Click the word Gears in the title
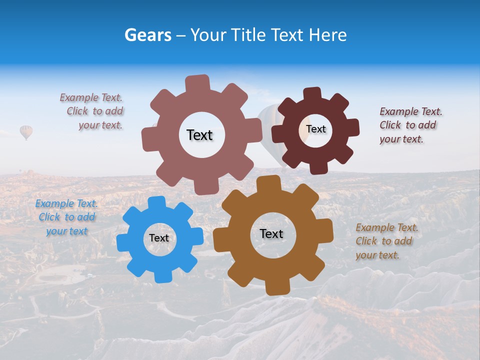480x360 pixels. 147,35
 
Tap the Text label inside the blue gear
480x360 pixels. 159,238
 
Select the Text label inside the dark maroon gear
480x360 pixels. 316,129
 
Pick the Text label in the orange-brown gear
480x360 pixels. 271,234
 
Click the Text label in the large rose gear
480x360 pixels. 199,135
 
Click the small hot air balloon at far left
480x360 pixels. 26,132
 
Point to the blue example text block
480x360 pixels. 66,217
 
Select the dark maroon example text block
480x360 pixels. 410,125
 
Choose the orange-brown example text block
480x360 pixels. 386,241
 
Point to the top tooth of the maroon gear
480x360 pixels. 312,93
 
